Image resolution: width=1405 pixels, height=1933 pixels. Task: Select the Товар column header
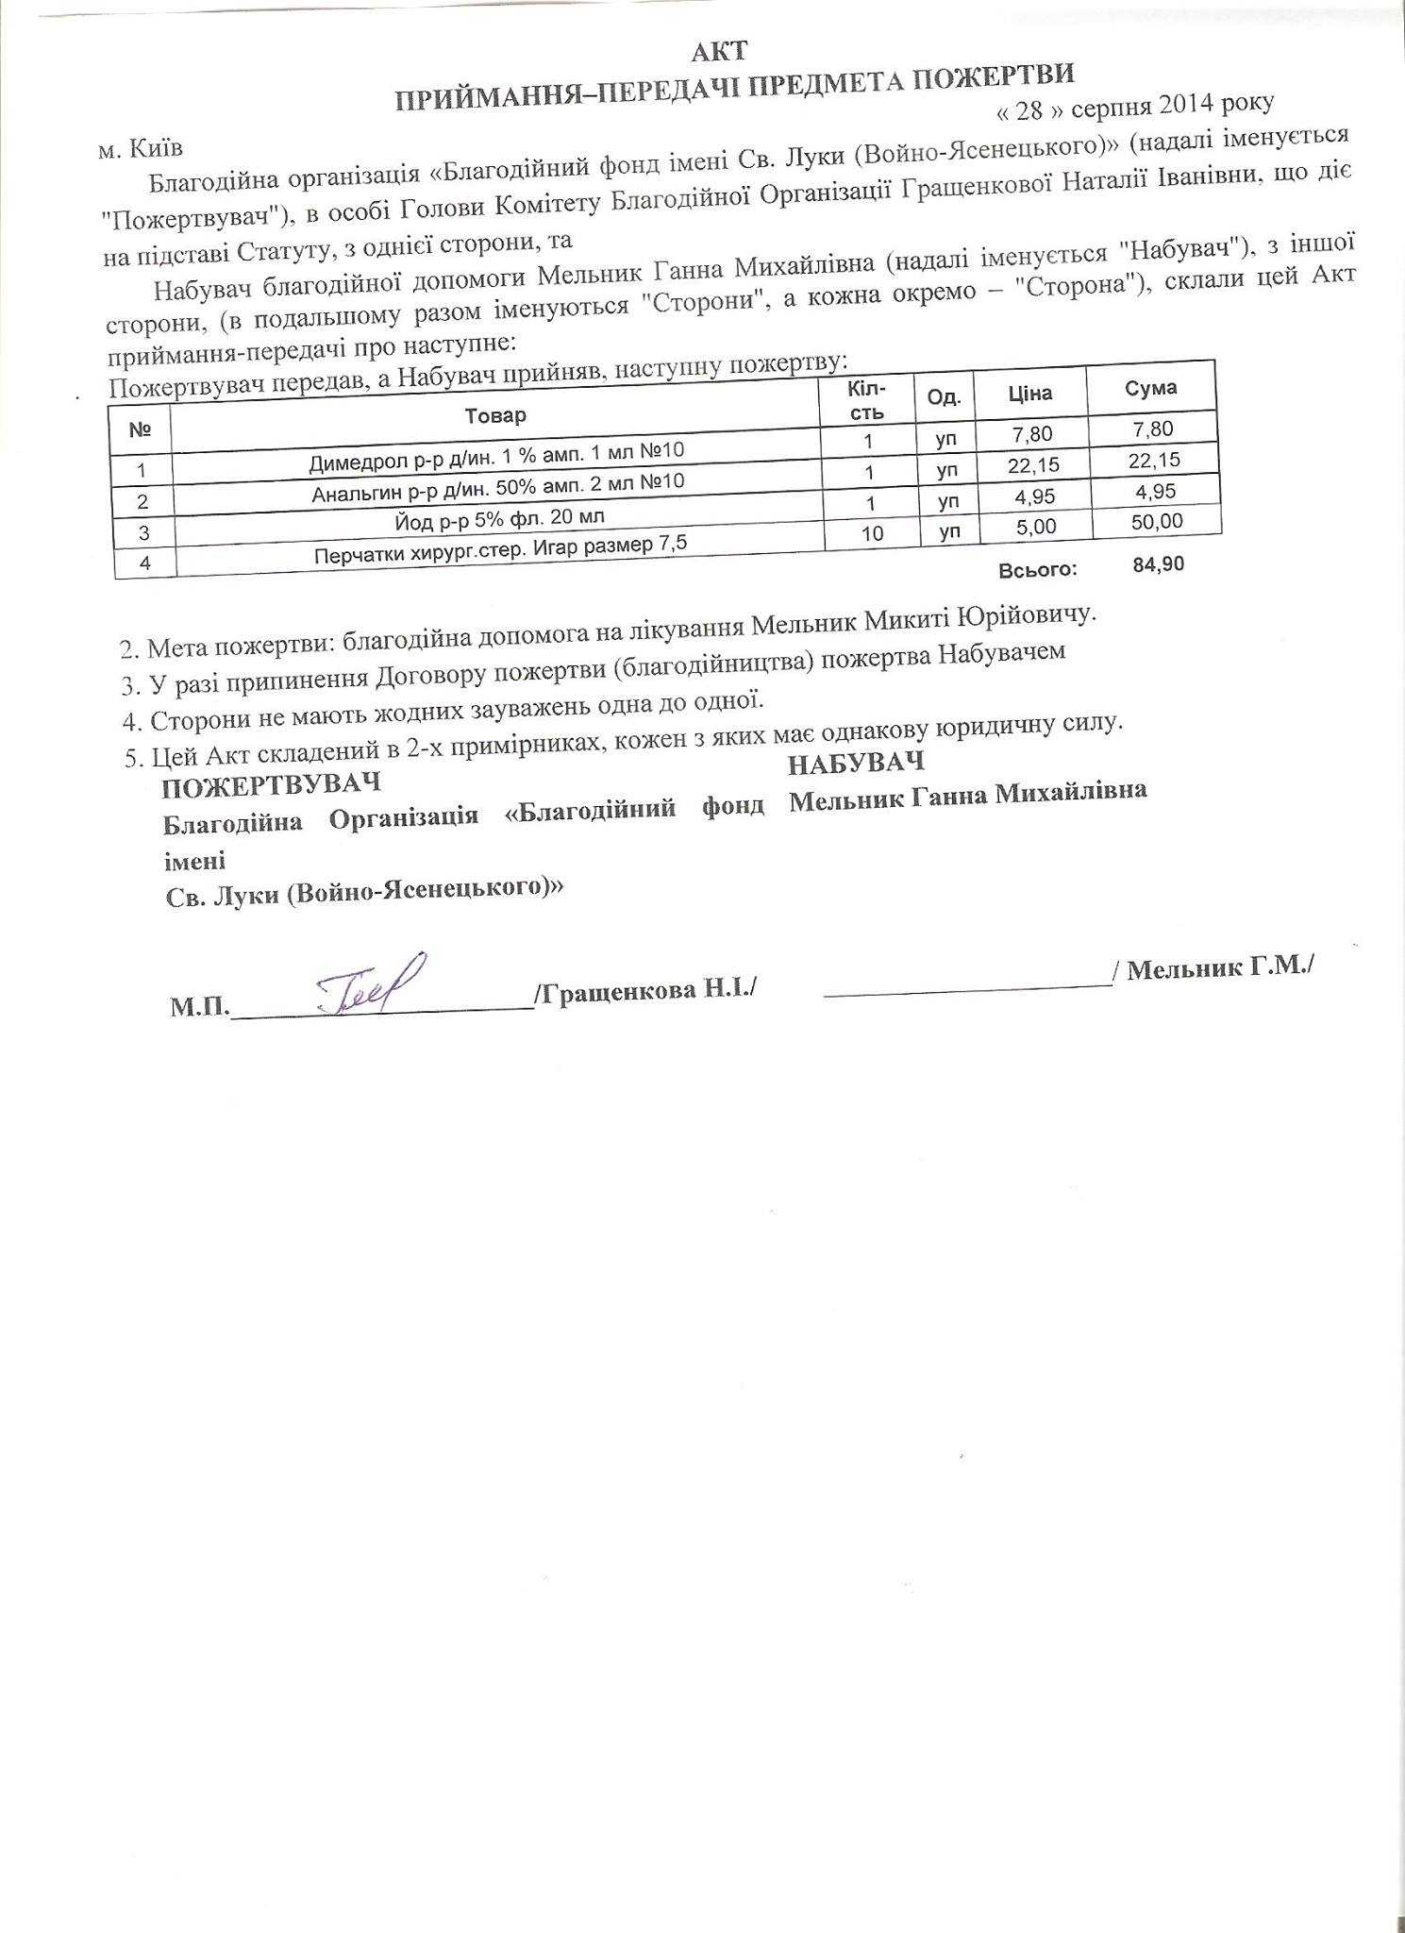pos(495,415)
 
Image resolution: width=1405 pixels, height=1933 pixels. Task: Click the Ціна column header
pos(1029,393)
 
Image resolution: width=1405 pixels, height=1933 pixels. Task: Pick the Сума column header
pos(1151,388)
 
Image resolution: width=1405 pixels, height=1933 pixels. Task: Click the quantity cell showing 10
pos(872,533)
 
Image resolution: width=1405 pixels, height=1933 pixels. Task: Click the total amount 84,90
pos(1157,565)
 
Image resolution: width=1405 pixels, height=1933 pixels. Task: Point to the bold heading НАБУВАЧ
pos(857,763)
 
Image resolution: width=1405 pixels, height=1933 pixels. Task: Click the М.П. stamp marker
pos(198,1007)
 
